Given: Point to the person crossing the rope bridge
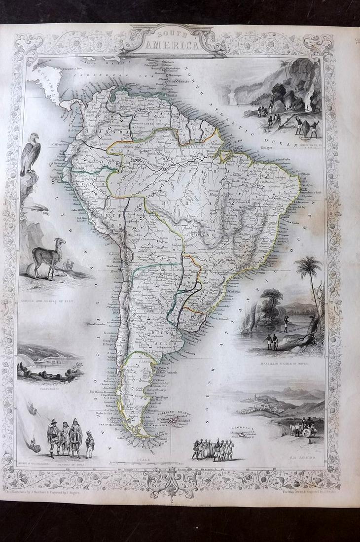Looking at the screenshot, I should (x=286, y=324).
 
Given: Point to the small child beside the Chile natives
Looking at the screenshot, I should (x=90, y=443).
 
